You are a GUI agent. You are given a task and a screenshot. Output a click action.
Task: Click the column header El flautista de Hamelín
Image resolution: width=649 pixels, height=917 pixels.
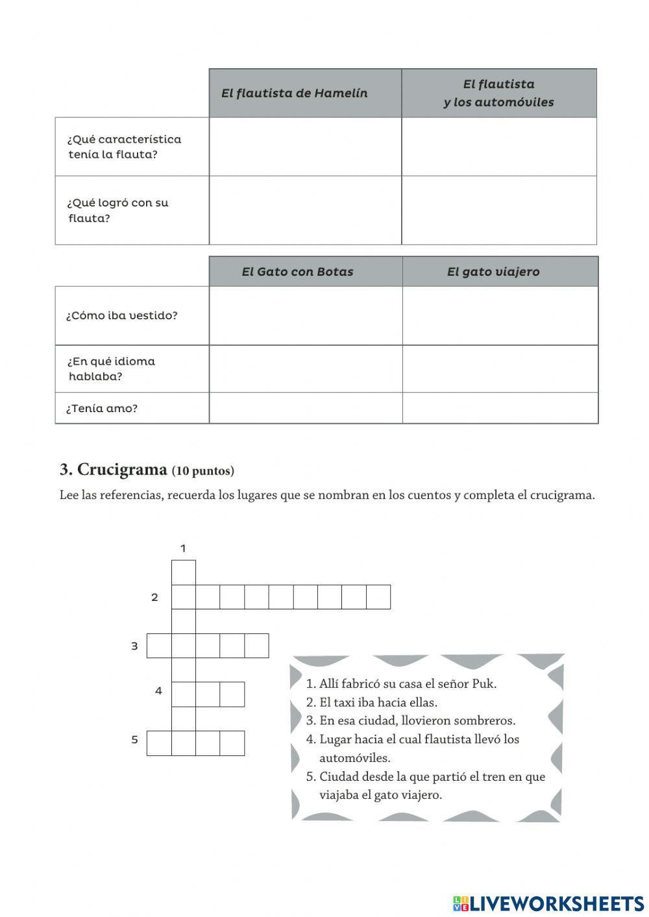coord(294,93)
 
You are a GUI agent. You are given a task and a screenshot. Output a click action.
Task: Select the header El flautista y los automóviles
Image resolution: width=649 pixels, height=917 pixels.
coord(498,93)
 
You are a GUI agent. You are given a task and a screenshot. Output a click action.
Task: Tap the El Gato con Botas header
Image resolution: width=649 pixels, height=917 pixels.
coord(297,272)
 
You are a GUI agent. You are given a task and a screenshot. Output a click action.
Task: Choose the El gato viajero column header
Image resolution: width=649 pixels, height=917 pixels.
coord(493,272)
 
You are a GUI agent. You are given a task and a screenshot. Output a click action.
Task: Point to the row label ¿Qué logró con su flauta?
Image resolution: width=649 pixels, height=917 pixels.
coord(117,210)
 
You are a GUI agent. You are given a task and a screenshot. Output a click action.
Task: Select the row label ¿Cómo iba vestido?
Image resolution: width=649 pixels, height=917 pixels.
coord(121,316)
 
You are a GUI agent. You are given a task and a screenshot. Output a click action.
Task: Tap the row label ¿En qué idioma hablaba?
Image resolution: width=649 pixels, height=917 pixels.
coord(111,369)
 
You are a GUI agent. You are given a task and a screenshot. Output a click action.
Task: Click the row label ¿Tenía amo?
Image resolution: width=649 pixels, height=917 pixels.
coord(102,408)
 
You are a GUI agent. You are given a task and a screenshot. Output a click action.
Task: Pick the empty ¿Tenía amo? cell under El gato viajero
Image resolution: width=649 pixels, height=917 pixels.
coord(500,408)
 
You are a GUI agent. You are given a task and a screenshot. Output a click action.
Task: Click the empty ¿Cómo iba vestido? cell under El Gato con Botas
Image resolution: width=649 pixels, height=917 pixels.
coord(305,316)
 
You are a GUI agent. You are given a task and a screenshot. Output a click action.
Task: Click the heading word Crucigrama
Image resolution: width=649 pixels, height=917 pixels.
coord(121,470)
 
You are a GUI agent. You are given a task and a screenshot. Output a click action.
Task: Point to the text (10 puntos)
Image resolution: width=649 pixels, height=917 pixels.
coord(203,471)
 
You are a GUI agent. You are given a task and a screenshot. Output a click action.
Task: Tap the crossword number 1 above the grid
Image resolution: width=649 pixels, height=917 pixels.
coord(183,548)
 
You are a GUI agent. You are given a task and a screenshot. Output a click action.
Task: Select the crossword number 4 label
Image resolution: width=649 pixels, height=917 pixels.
coord(158,691)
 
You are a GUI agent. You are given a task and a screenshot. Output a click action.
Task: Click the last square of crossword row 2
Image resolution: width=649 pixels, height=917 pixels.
coord(378,597)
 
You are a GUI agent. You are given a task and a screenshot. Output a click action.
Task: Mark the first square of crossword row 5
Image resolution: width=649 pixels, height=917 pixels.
coord(159,743)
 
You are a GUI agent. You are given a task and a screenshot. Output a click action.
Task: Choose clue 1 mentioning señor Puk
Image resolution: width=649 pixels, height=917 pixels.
coord(401,683)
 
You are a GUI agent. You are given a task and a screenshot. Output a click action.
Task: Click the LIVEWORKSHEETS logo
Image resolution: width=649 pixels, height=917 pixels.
coord(548,903)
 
